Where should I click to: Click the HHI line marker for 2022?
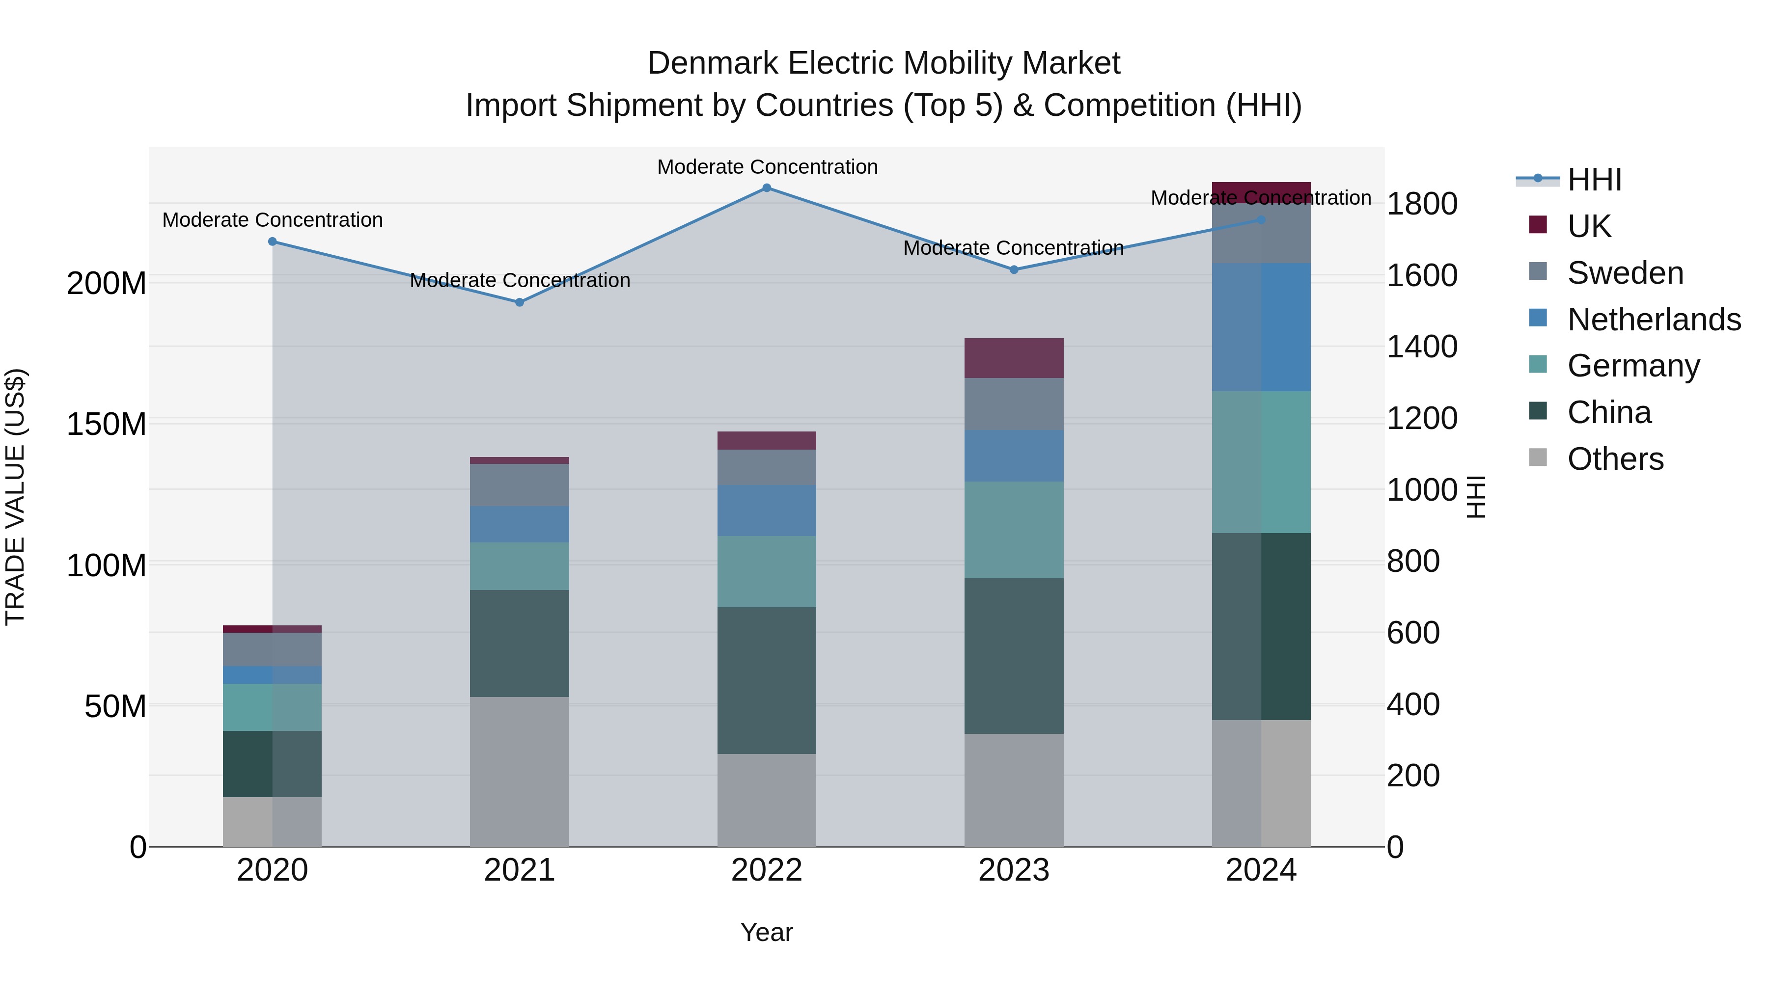767,188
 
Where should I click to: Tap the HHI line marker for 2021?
520,302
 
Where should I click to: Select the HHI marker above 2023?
1014,269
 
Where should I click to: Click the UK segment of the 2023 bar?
1014,358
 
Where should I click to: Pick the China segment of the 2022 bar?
767,680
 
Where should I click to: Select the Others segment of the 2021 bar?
520,772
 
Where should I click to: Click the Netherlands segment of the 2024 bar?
1261,327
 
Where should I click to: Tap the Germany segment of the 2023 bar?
1014,530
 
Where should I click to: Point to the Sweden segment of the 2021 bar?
520,485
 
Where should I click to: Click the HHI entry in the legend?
1594,180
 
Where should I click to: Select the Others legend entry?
1615,459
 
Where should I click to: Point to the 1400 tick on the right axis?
1421,347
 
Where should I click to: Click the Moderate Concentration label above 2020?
273,220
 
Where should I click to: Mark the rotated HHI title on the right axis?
1476,497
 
